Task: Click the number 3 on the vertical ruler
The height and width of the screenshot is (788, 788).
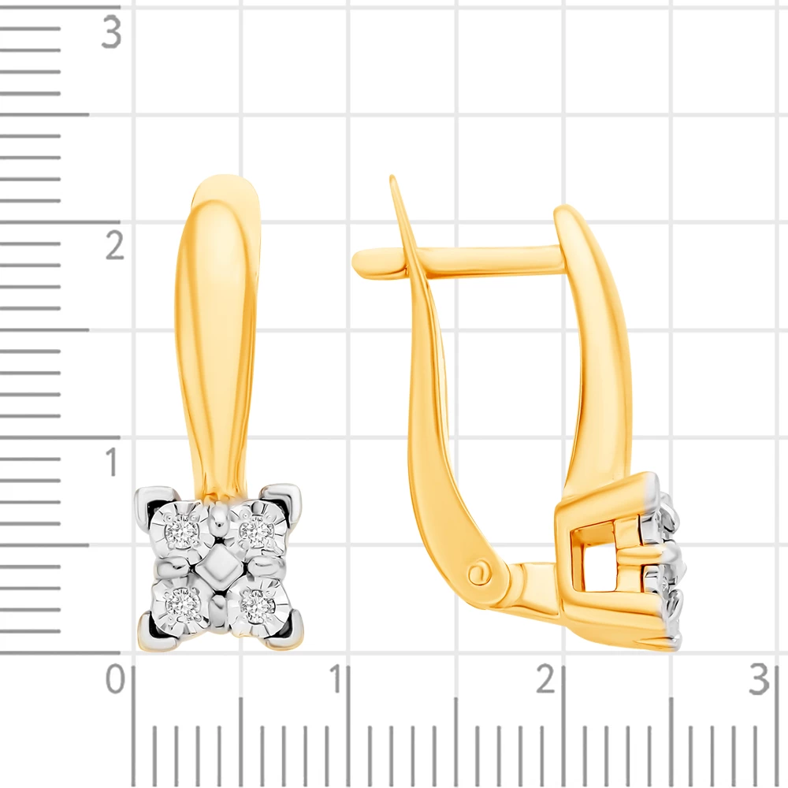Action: point(111,32)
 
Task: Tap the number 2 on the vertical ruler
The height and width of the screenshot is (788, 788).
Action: point(114,245)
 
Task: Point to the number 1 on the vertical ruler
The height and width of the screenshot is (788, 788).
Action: point(112,461)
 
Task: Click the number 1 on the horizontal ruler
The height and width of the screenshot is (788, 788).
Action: point(336,679)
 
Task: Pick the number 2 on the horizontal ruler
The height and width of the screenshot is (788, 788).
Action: point(546,679)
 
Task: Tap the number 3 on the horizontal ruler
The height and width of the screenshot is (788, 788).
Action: point(759,679)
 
